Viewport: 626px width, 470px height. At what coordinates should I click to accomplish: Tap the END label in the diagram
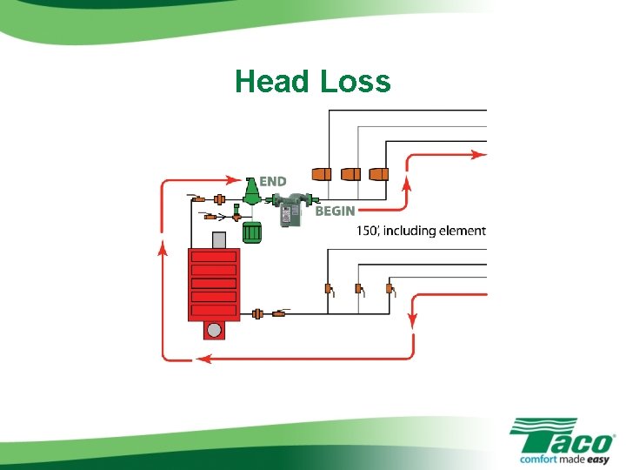pyautogui.click(x=272, y=182)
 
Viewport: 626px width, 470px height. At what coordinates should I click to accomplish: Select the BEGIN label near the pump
pyautogui.click(x=335, y=211)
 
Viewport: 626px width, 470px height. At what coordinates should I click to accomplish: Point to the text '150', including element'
pyautogui.click(x=421, y=231)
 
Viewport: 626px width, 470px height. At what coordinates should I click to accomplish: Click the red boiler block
pyautogui.click(x=213, y=285)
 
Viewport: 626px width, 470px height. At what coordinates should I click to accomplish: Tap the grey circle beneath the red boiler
pyautogui.click(x=214, y=331)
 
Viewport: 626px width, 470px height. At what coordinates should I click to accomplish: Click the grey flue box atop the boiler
pyautogui.click(x=219, y=239)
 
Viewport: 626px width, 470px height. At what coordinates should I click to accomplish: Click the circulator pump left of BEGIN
pyautogui.click(x=291, y=209)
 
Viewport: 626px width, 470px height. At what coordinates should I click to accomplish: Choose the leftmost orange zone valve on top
pyautogui.click(x=320, y=173)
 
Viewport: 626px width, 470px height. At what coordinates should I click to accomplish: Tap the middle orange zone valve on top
pyautogui.click(x=350, y=173)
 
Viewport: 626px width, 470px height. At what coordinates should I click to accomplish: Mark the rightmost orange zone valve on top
pyautogui.click(x=379, y=173)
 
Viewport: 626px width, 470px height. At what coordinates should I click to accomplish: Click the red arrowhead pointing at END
pyautogui.click(x=235, y=181)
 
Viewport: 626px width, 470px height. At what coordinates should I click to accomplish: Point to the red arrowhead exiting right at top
pyautogui.click(x=479, y=155)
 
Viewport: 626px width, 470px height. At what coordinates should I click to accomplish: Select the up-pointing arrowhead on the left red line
pyautogui.click(x=163, y=249)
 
